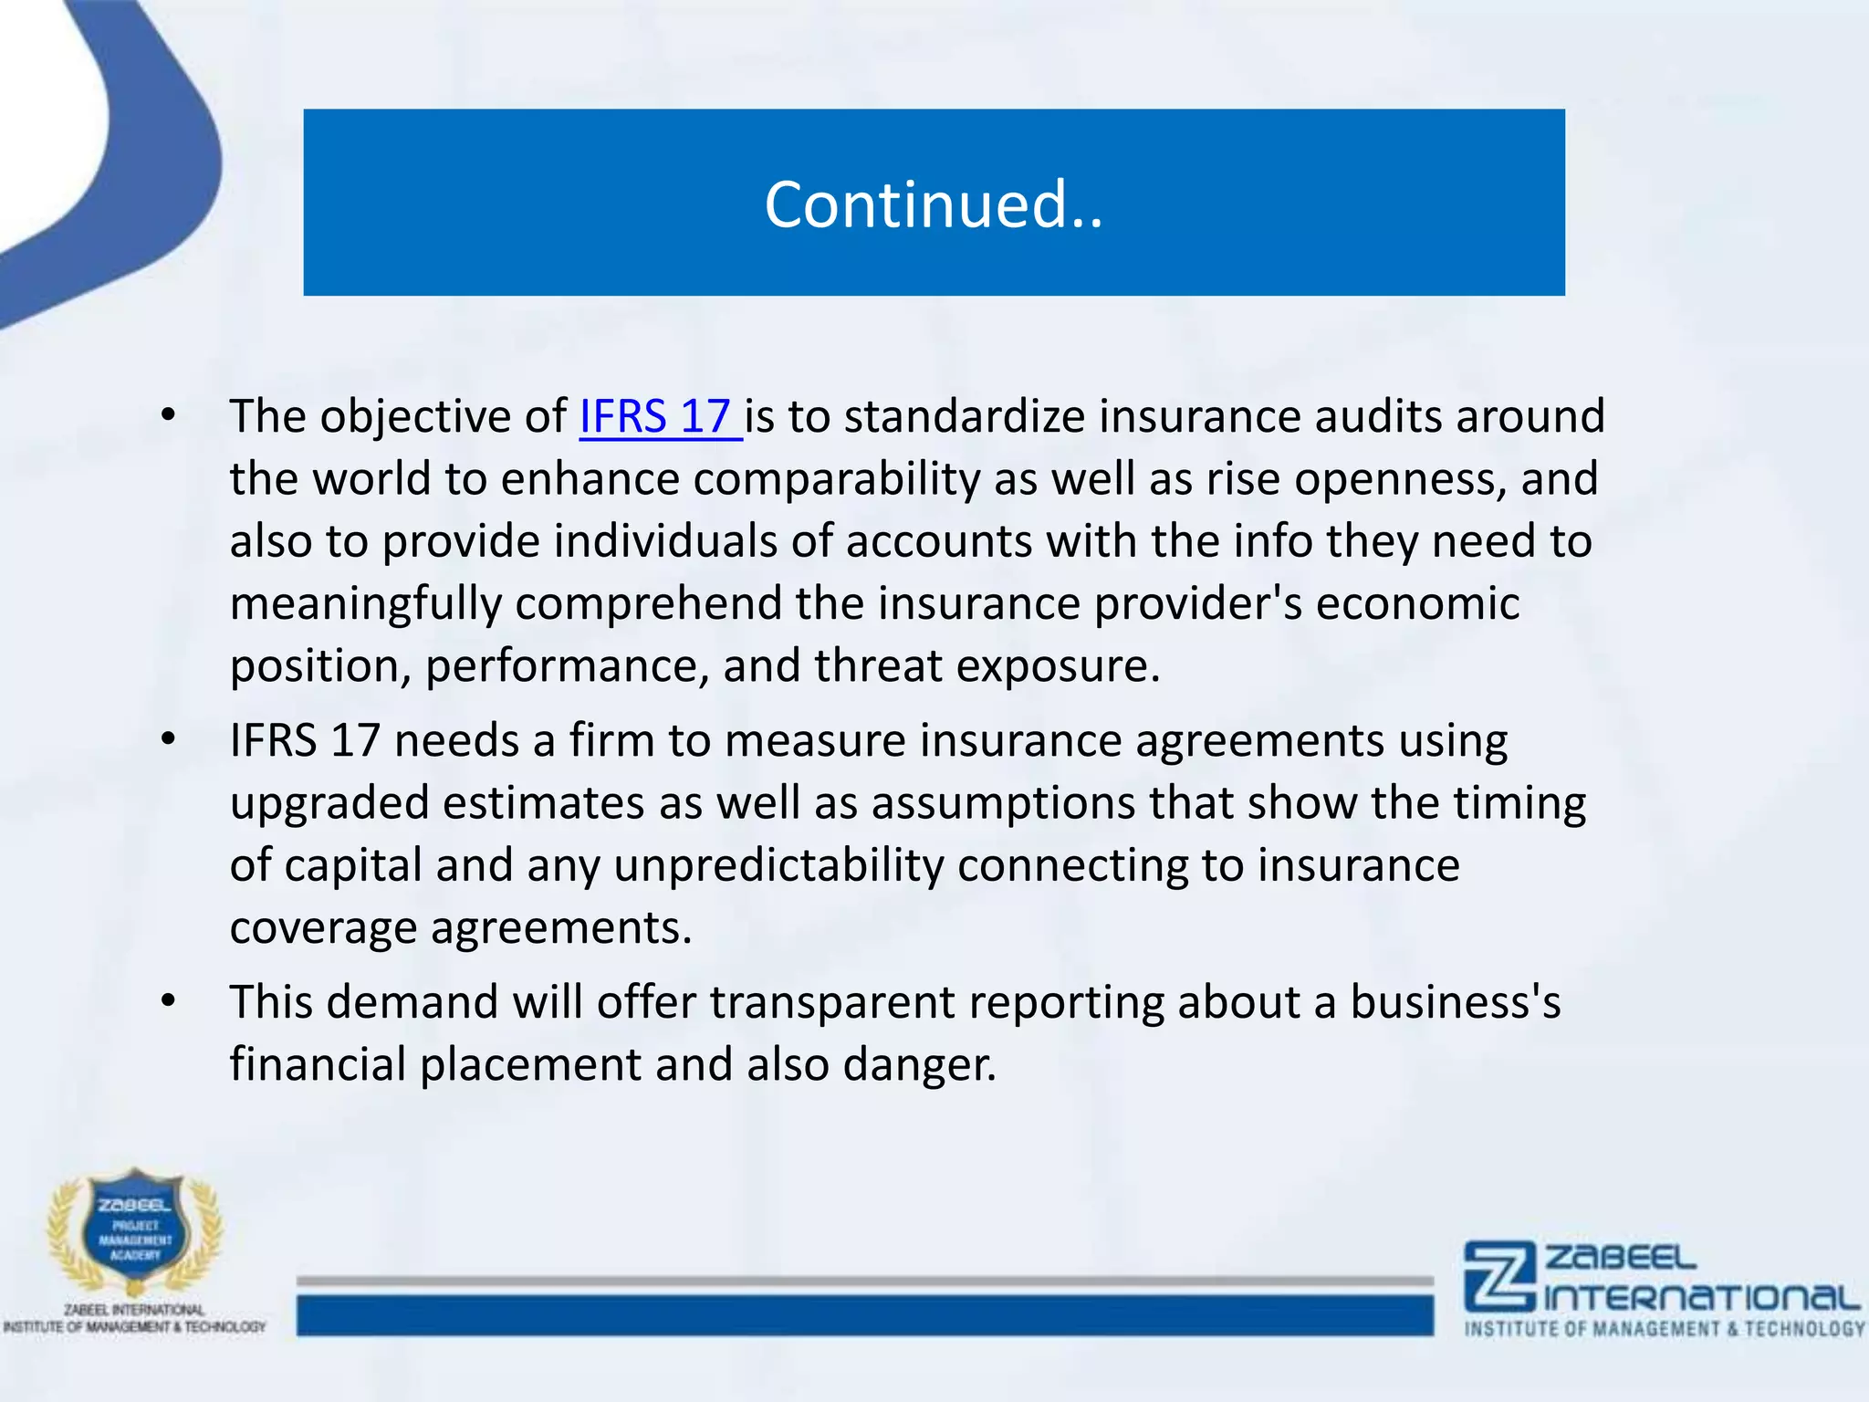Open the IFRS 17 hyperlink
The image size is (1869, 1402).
(x=659, y=417)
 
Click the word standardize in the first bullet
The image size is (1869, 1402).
(x=964, y=417)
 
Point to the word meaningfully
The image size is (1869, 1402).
(x=365, y=604)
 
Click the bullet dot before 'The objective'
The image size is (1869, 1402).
(x=168, y=417)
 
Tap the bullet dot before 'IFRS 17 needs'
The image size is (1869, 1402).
(x=168, y=740)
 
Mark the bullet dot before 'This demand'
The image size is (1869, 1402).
(x=168, y=1002)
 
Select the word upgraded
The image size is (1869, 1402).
(x=329, y=804)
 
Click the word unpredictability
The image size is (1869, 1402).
(x=778, y=865)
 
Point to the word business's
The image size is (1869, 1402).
(x=1455, y=1002)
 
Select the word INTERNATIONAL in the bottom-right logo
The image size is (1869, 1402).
(x=1701, y=1297)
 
